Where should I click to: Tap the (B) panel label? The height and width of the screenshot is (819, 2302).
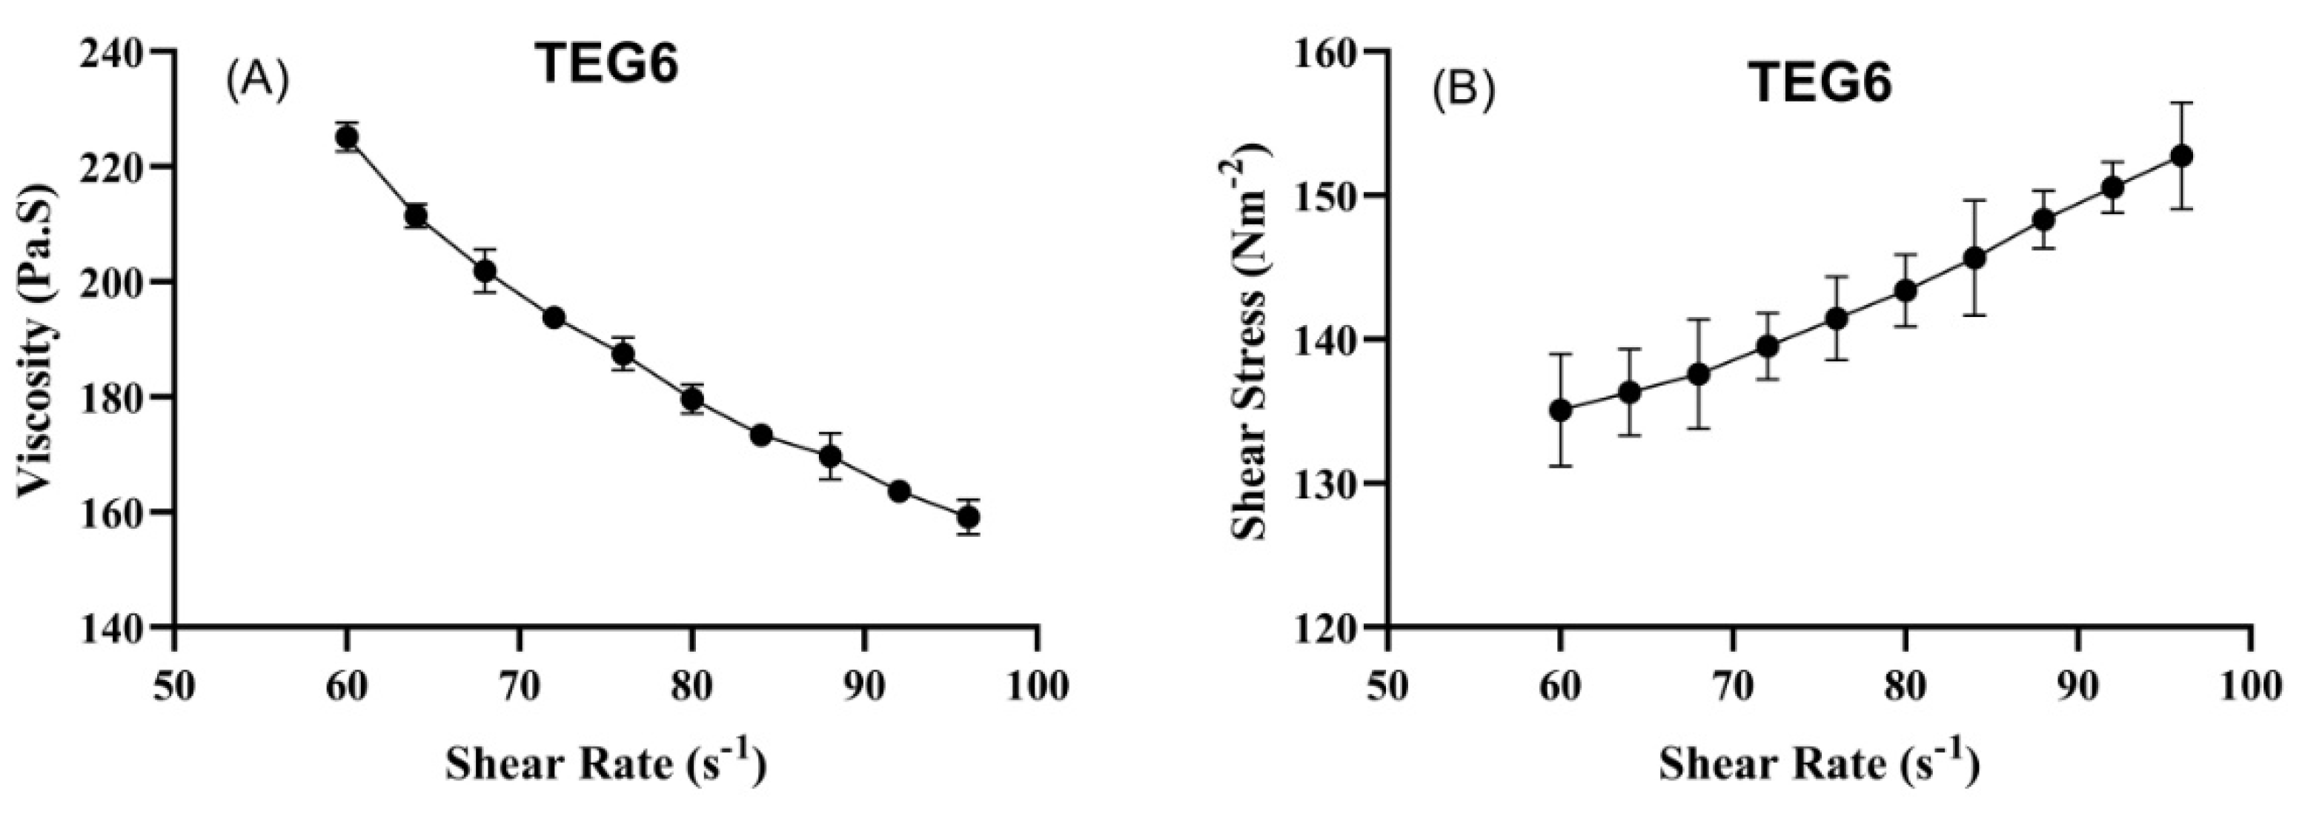pos(1463,93)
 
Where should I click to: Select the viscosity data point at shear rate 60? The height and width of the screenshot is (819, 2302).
pos(347,138)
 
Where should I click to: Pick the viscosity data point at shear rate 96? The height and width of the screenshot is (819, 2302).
pos(968,517)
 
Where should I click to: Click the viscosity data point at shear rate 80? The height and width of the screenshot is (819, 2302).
pos(691,398)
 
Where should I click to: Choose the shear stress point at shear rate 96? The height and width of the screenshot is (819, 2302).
pos(2180,156)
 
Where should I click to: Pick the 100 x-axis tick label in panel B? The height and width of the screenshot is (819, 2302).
pos(2250,686)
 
